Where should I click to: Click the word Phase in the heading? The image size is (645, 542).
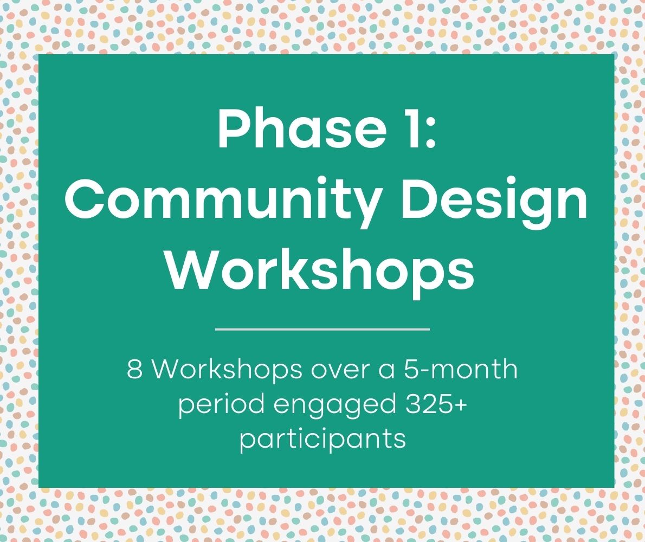tap(302, 128)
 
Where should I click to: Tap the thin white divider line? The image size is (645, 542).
tap(322, 329)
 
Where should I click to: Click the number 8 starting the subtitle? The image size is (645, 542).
tap(135, 369)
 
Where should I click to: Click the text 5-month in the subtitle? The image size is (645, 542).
tap(460, 369)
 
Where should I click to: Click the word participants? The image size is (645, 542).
tap(323, 440)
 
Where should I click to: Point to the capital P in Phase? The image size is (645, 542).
tap(233, 128)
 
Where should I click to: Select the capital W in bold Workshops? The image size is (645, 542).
tap(192, 270)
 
